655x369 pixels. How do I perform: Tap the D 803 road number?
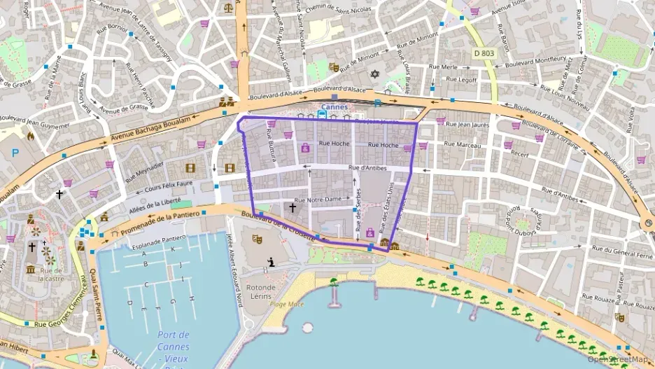click(x=484, y=52)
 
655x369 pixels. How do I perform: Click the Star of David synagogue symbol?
click(x=374, y=74)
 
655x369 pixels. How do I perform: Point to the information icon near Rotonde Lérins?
click(x=270, y=263)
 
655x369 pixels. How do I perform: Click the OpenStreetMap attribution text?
click(x=618, y=359)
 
